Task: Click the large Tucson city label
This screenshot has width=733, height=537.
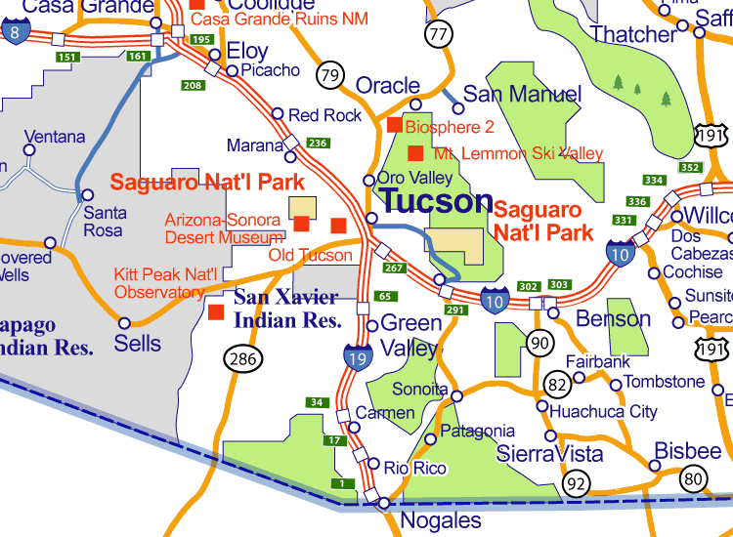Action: click(x=436, y=201)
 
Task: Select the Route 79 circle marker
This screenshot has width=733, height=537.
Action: click(x=330, y=74)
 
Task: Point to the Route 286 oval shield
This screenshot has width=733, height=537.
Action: click(x=242, y=359)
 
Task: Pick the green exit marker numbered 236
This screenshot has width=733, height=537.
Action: click(x=318, y=143)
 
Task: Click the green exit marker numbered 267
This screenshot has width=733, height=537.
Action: click(x=394, y=268)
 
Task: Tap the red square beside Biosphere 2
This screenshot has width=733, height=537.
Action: click(x=395, y=125)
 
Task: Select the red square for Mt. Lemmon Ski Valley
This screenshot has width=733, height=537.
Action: click(x=415, y=153)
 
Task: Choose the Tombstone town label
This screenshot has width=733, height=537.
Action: click(x=664, y=382)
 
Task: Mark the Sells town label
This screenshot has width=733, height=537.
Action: click(x=138, y=344)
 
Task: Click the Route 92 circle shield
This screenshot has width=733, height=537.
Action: click(x=578, y=482)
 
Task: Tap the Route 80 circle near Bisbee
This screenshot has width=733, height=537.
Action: click(x=694, y=478)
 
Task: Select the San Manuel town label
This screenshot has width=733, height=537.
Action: click(x=522, y=95)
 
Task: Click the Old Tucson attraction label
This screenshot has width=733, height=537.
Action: click(x=310, y=256)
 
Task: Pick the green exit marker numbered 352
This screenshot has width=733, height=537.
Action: click(x=690, y=167)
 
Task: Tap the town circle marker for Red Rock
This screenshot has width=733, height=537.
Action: click(x=278, y=114)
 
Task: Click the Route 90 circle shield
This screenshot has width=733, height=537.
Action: click(x=539, y=343)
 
